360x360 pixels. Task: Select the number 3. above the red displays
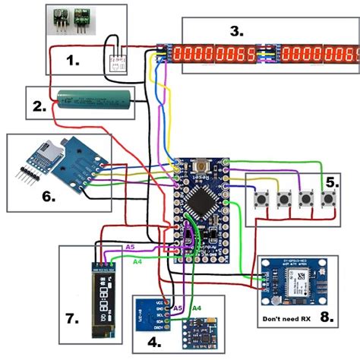(x=238, y=31)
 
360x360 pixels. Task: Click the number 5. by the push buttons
(x=332, y=182)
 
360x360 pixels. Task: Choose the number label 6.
(x=48, y=196)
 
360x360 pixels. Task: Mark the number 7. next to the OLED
(x=72, y=320)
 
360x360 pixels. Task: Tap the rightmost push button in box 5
(x=329, y=200)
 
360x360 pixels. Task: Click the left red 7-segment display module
(x=214, y=55)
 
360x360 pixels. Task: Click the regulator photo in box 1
(x=71, y=20)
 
